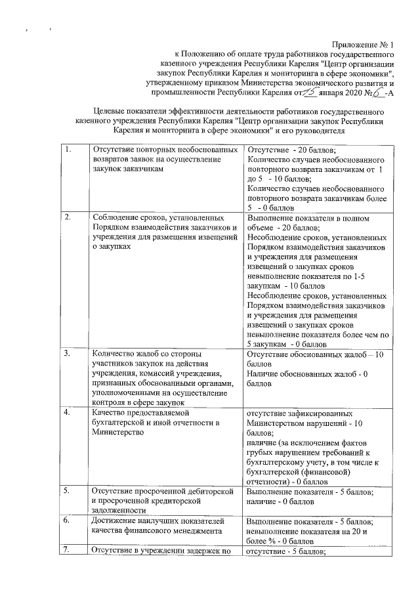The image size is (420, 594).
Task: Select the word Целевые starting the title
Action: click(x=110, y=112)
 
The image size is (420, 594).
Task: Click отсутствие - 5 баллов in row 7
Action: click(x=289, y=551)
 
